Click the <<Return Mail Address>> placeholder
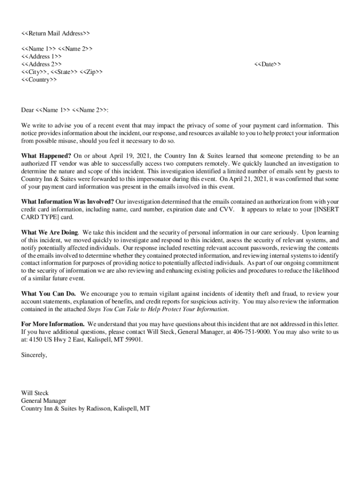[55, 33]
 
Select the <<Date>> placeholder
[267, 64]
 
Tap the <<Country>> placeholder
[39, 80]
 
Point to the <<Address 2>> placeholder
[41, 64]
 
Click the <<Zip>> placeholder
[92, 72]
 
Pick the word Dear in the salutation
[28, 110]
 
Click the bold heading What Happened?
[46, 155]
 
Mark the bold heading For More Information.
[53, 324]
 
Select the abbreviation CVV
[227, 209]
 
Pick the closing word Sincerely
[34, 355]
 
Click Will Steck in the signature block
[35, 393]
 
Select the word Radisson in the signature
[97, 408]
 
